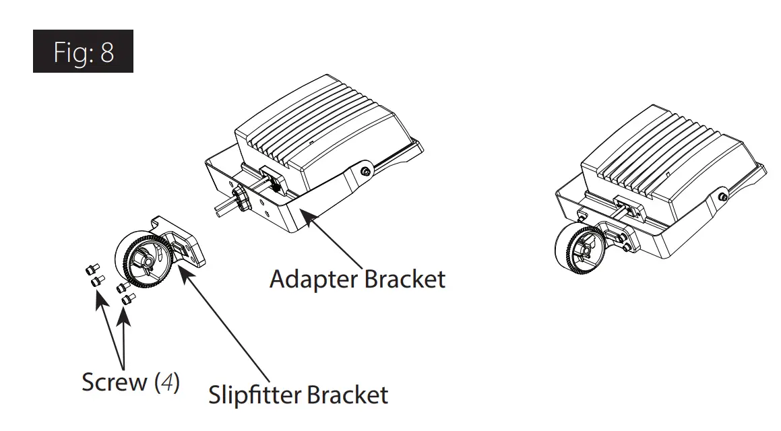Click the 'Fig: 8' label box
83,51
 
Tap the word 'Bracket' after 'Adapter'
405,278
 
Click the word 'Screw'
115,382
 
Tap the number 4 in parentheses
168,382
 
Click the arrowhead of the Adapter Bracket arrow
305,213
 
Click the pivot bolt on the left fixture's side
365,171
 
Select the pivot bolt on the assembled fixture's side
722,197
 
